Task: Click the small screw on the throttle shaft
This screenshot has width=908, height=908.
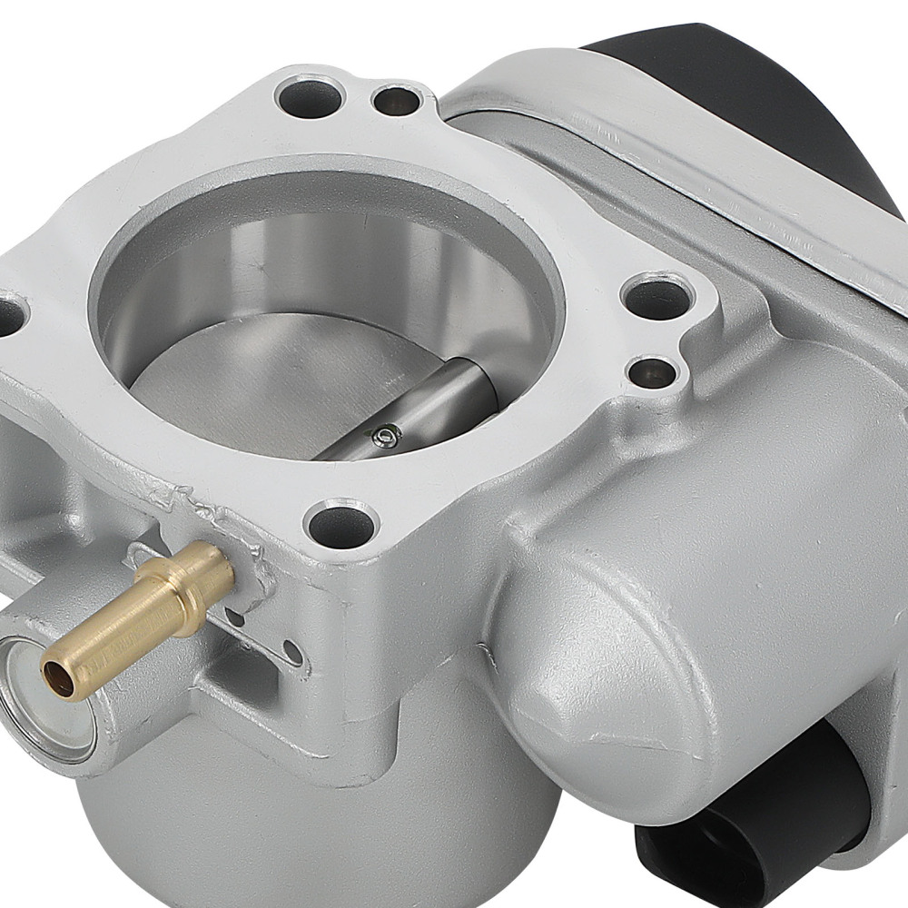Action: [x=385, y=439]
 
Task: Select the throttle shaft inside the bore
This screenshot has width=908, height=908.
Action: [x=427, y=409]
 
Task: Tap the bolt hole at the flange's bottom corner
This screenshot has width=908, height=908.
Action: [x=341, y=525]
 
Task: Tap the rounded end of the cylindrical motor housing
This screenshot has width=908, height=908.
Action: [x=581, y=654]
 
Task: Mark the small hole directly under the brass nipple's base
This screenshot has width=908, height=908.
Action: [x=235, y=617]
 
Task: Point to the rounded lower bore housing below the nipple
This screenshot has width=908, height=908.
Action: [x=300, y=817]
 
